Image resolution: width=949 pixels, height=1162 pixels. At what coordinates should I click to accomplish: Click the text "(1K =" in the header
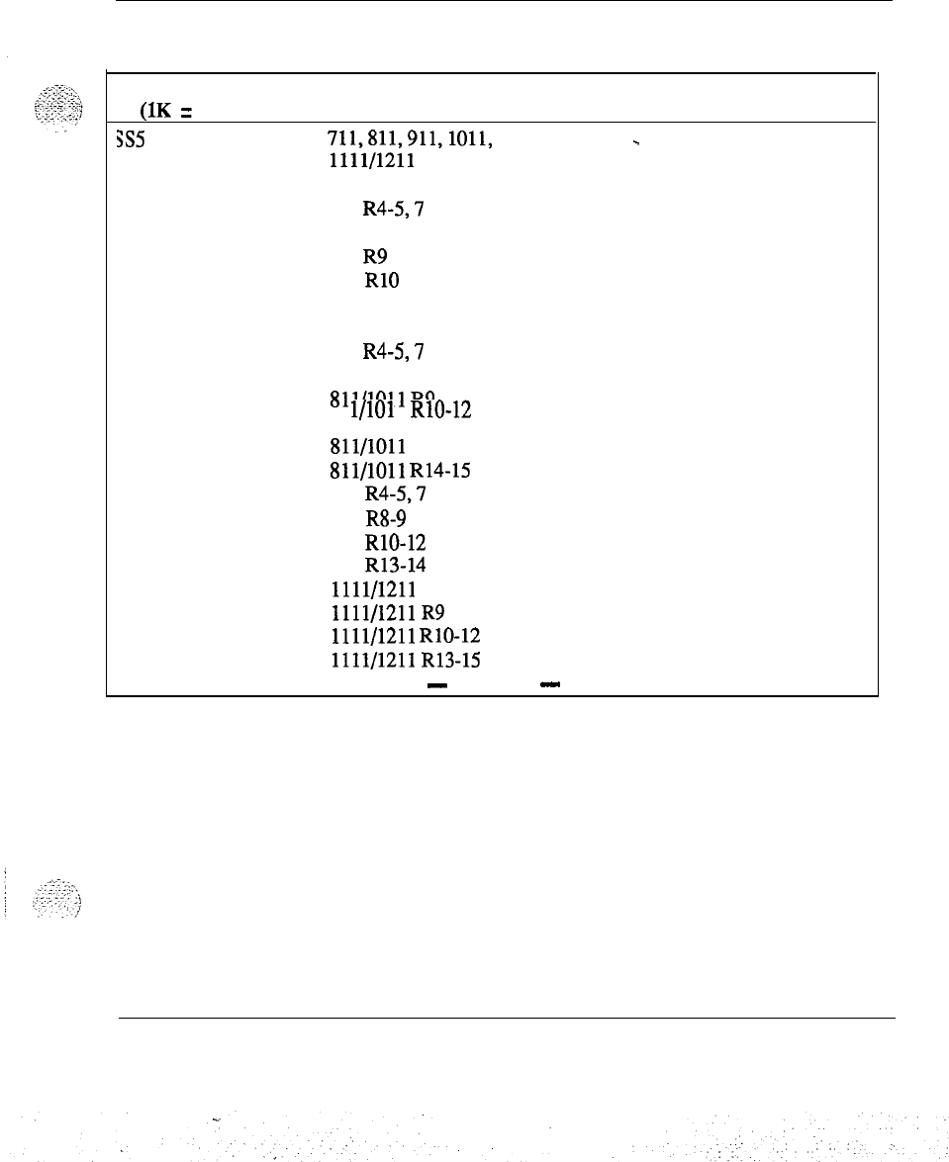tap(165, 110)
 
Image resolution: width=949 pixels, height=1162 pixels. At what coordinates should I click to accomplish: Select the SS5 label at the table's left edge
tap(131, 140)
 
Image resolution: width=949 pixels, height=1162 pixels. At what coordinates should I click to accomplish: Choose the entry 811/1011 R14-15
tap(400, 472)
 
